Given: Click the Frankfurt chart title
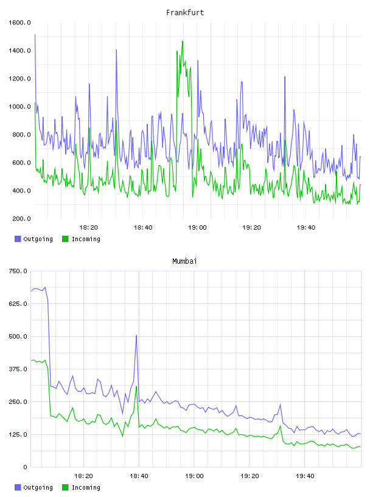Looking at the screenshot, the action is coord(185,12).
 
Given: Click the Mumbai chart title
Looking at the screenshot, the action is coord(184,261).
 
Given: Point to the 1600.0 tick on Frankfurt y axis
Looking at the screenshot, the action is coord(19,23).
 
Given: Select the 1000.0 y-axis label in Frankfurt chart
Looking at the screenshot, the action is coord(19,107).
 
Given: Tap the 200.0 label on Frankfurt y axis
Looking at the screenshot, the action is coord(21,219).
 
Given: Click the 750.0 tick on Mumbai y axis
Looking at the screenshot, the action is coord(18,271).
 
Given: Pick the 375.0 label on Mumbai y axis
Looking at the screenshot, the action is coord(18,369).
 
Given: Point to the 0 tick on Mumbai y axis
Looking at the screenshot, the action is coord(25,467).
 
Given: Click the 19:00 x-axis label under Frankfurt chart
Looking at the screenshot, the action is coord(197,227).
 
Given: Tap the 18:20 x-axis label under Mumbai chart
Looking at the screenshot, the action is coord(83,476).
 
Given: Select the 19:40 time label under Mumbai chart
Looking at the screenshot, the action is coord(305,476).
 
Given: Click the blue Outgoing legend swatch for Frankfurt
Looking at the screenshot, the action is coord(18,239).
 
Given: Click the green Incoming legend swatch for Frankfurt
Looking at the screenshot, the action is coord(65,239).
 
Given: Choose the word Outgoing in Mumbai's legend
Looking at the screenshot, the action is coord(38,487).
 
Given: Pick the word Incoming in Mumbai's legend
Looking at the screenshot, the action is coord(86,487).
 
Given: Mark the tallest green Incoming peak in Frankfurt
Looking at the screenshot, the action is coord(183,41).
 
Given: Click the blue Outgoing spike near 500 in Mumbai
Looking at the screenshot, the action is coord(136,336).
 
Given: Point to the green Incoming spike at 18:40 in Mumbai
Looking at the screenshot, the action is coord(136,386).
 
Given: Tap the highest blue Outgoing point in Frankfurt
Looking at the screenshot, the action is coord(35,34).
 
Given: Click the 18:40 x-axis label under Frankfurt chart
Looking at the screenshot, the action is coord(143,227).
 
